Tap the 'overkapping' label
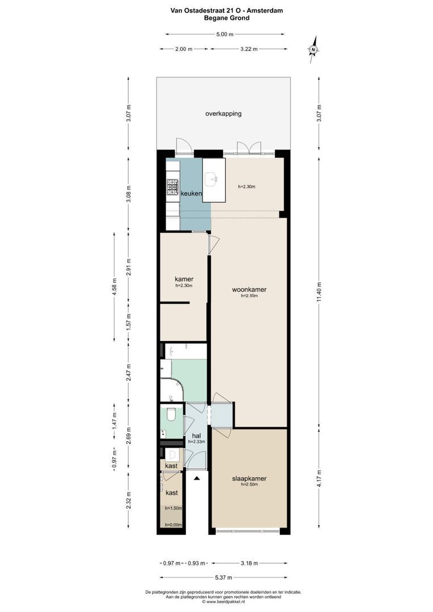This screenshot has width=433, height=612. (223, 113)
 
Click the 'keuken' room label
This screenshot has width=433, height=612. (192, 194)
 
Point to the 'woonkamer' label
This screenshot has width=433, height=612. (249, 290)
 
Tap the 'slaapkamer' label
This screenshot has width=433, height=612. (249, 478)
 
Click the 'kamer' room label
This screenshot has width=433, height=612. (184, 279)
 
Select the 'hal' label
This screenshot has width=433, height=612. (197, 435)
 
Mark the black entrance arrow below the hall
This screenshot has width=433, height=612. (197, 479)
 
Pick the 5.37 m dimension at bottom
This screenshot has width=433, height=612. (221, 577)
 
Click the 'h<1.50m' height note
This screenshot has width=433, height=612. (173, 509)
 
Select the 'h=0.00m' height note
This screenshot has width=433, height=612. (173, 525)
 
